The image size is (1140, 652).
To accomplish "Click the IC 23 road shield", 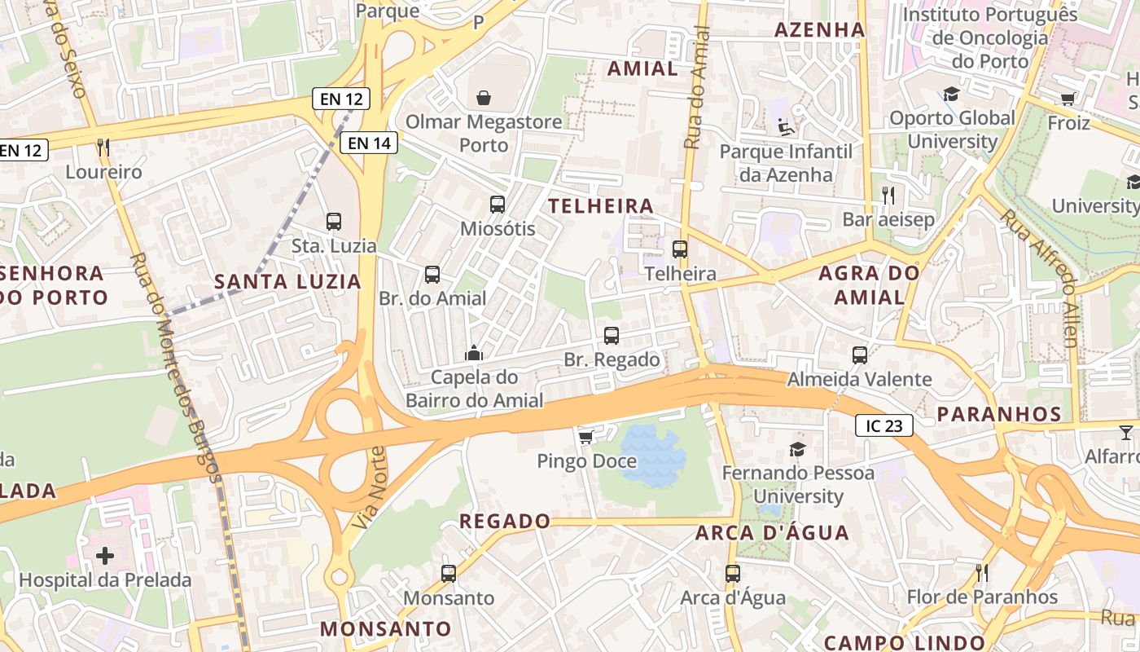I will click(884, 425).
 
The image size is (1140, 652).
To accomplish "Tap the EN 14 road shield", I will click(370, 143).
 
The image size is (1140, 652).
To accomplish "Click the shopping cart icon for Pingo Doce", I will click(585, 438).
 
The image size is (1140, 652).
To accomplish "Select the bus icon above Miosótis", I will click(498, 205).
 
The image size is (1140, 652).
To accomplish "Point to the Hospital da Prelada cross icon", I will click(105, 556).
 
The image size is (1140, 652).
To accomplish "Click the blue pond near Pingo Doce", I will click(651, 455).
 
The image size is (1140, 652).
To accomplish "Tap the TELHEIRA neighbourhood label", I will click(601, 206).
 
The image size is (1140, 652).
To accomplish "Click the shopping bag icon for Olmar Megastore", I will click(484, 98).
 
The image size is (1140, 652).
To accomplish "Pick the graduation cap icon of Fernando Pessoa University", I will click(797, 449).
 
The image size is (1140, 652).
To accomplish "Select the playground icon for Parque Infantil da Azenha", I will click(785, 127).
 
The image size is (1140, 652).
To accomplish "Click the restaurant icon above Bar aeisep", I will click(888, 196).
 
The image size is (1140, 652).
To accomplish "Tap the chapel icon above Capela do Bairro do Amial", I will click(474, 353).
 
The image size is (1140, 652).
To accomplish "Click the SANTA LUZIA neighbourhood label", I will click(287, 282).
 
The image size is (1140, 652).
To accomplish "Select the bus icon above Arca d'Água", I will click(733, 574).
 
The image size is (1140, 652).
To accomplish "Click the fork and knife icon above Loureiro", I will click(103, 148).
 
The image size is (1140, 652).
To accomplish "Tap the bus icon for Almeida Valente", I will click(860, 355).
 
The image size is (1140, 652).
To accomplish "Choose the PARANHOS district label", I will click(999, 414).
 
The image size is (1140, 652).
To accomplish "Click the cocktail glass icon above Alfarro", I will click(1126, 432).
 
